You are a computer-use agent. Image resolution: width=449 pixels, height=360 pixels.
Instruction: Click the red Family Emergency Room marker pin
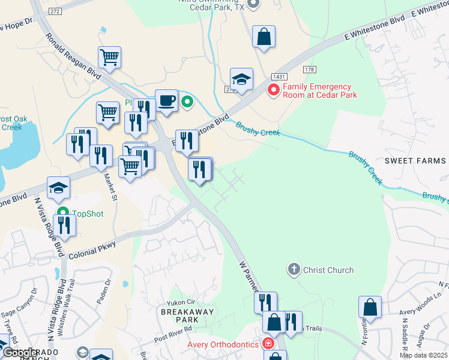273,90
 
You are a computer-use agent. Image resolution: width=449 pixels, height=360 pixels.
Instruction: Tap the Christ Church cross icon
294,270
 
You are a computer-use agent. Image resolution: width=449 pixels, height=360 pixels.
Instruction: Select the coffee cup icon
166,100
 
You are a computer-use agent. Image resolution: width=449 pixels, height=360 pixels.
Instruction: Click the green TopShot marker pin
64,212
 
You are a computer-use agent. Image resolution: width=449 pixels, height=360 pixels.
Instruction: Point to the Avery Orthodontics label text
223,344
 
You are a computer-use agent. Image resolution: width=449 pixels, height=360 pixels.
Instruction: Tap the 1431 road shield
279,77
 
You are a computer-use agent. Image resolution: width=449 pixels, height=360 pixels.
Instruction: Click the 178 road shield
309,70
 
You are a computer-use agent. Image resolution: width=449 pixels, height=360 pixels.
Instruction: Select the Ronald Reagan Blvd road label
73,54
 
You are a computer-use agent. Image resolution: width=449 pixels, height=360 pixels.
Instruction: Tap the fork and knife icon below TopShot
64,225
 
